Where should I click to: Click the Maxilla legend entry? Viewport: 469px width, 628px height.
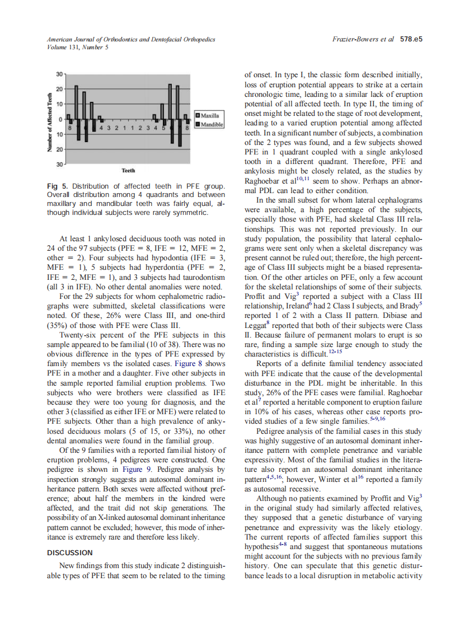209,115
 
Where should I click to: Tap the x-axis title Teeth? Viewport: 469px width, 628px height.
128,170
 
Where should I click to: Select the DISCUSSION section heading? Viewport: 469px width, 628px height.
69,553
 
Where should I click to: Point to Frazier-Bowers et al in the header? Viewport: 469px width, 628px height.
363,40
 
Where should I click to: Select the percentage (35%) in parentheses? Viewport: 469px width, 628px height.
57,325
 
